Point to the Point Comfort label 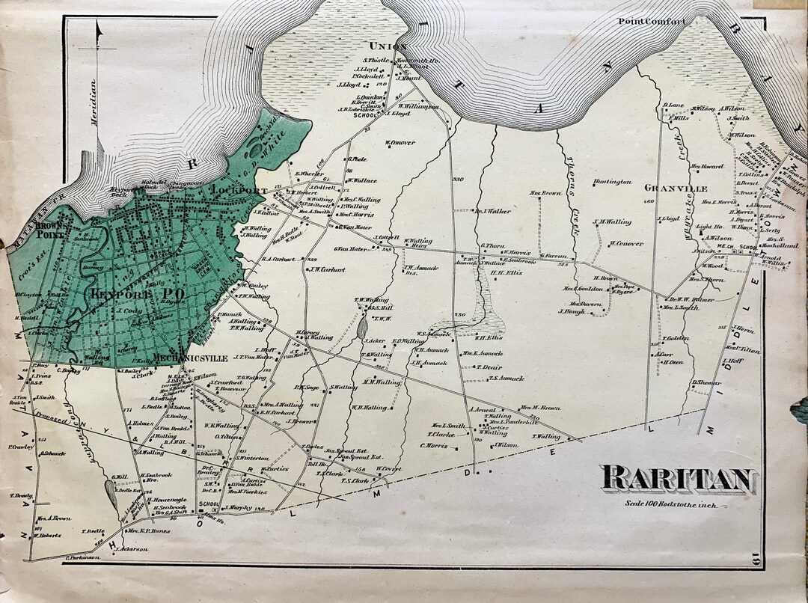point(651,22)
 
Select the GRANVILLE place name point(676,189)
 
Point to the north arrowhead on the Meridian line point(98,28)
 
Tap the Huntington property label point(611,182)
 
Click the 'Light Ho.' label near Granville point(703,226)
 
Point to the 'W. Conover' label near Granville point(626,242)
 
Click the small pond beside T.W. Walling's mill point(363,326)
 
